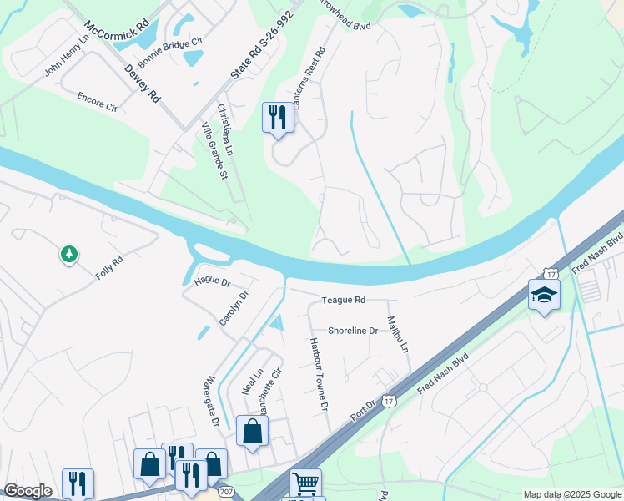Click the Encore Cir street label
(97, 102)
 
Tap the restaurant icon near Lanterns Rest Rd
(278, 117)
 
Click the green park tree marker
(69, 253)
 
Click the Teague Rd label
(344, 300)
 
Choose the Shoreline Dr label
(353, 331)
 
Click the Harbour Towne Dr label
(316, 373)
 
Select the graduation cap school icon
(544, 296)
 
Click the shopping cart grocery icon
(305, 483)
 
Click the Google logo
(28, 491)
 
